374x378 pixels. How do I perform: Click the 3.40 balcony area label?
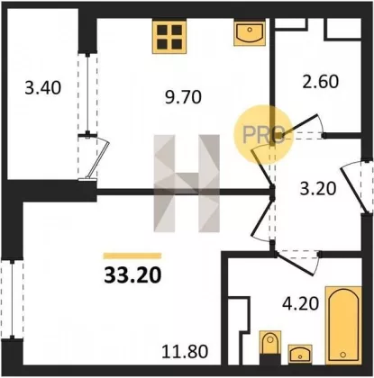tap(43, 88)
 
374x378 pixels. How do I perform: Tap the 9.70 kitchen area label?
tap(183, 97)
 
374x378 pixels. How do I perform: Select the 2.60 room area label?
tap(321, 81)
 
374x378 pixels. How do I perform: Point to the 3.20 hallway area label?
tap(318, 189)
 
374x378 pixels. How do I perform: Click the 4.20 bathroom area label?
tap(300, 303)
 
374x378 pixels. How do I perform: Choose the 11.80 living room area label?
tap(185, 351)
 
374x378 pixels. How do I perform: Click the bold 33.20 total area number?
tap(132, 275)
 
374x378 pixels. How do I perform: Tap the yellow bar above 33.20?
tap(132, 256)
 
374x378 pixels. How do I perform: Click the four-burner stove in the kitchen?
tap(169, 36)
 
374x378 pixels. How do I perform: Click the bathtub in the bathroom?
tap(343, 326)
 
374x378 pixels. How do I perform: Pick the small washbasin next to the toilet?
tap(300, 354)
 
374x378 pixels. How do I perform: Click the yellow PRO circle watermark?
tap(263, 134)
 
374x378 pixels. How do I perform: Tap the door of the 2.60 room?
tap(301, 126)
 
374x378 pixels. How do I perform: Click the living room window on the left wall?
tap(12, 299)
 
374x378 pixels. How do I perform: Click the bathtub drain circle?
tap(343, 355)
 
